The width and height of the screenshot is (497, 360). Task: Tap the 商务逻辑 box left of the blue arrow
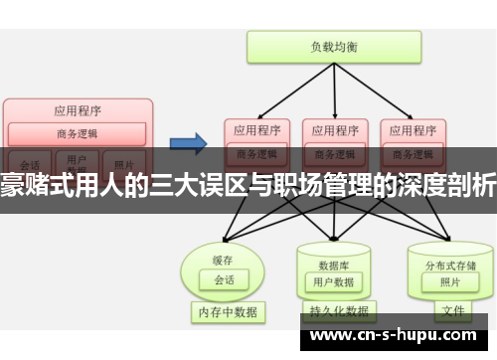click(78, 133)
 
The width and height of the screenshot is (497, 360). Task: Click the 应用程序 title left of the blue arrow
click(78, 111)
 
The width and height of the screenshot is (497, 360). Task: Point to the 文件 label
click(452, 310)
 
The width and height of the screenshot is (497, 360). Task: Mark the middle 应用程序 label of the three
click(333, 129)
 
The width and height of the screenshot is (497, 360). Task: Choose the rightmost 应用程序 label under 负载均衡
click(411, 129)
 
